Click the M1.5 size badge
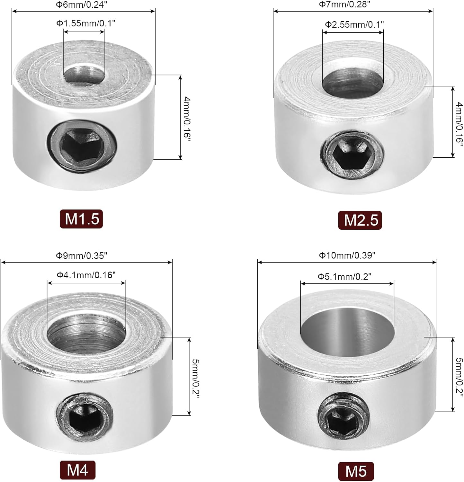81,219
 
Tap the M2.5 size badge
360,220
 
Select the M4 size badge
77,470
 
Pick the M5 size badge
356,471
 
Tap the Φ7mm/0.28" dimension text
344,4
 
